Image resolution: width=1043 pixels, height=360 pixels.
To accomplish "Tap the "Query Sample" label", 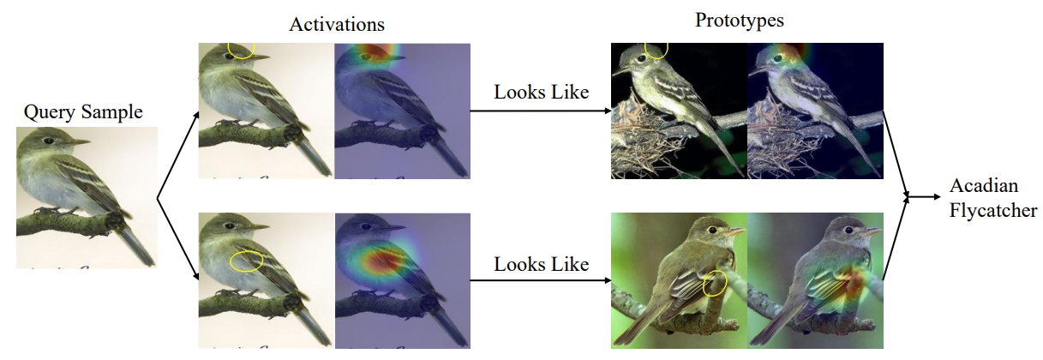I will coord(83,111).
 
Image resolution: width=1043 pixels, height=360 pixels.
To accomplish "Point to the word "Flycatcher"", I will coord(993,210).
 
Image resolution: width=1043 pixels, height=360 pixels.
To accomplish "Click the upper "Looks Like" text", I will coord(542,92).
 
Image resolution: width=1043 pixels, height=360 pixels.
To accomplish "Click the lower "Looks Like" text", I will coord(542,264).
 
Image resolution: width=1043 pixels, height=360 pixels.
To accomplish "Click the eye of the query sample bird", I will coord(49,140).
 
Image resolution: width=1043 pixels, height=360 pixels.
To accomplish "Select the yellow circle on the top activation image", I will coord(241,50).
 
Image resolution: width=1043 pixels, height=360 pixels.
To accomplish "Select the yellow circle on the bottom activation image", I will coord(245,261).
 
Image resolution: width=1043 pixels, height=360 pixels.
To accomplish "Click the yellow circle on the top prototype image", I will coord(656,50).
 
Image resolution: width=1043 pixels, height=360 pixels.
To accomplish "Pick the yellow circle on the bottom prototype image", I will coord(714,284).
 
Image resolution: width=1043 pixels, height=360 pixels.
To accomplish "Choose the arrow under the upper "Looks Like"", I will coord(540,111).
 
